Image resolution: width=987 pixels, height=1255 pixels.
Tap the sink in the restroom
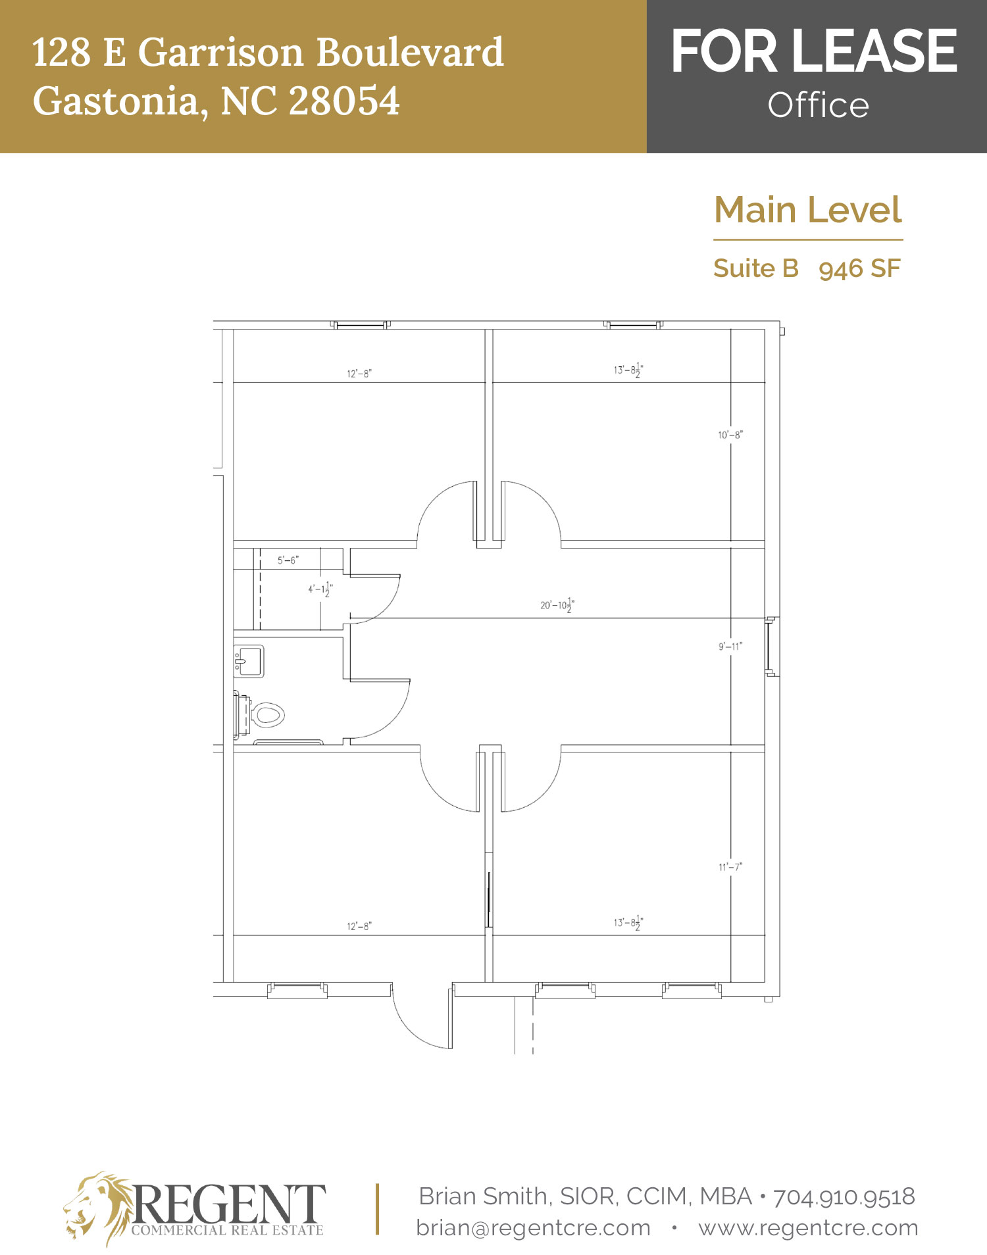[x=249, y=661]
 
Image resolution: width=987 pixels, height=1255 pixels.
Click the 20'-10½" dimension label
[x=557, y=605]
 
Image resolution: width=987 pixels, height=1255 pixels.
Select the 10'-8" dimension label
[x=730, y=435]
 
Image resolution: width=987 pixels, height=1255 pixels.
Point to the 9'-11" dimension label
[x=730, y=647]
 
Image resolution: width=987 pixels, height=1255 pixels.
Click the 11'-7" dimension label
[x=730, y=867]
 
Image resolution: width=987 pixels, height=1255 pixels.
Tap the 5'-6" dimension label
[x=288, y=560]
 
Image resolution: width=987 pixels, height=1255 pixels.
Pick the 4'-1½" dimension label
[x=320, y=589]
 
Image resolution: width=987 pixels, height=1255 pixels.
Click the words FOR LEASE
[x=814, y=51]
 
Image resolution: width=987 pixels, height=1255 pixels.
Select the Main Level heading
[x=808, y=210]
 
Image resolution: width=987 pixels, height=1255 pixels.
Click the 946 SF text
[x=859, y=268]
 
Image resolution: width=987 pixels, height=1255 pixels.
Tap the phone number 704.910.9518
[x=844, y=1196]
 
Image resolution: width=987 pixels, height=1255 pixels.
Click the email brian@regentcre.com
[x=534, y=1228]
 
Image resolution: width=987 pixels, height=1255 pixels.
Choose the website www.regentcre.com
[x=808, y=1228]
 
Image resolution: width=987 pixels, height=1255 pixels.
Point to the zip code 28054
[x=344, y=101]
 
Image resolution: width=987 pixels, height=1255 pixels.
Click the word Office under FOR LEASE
[x=818, y=105]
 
